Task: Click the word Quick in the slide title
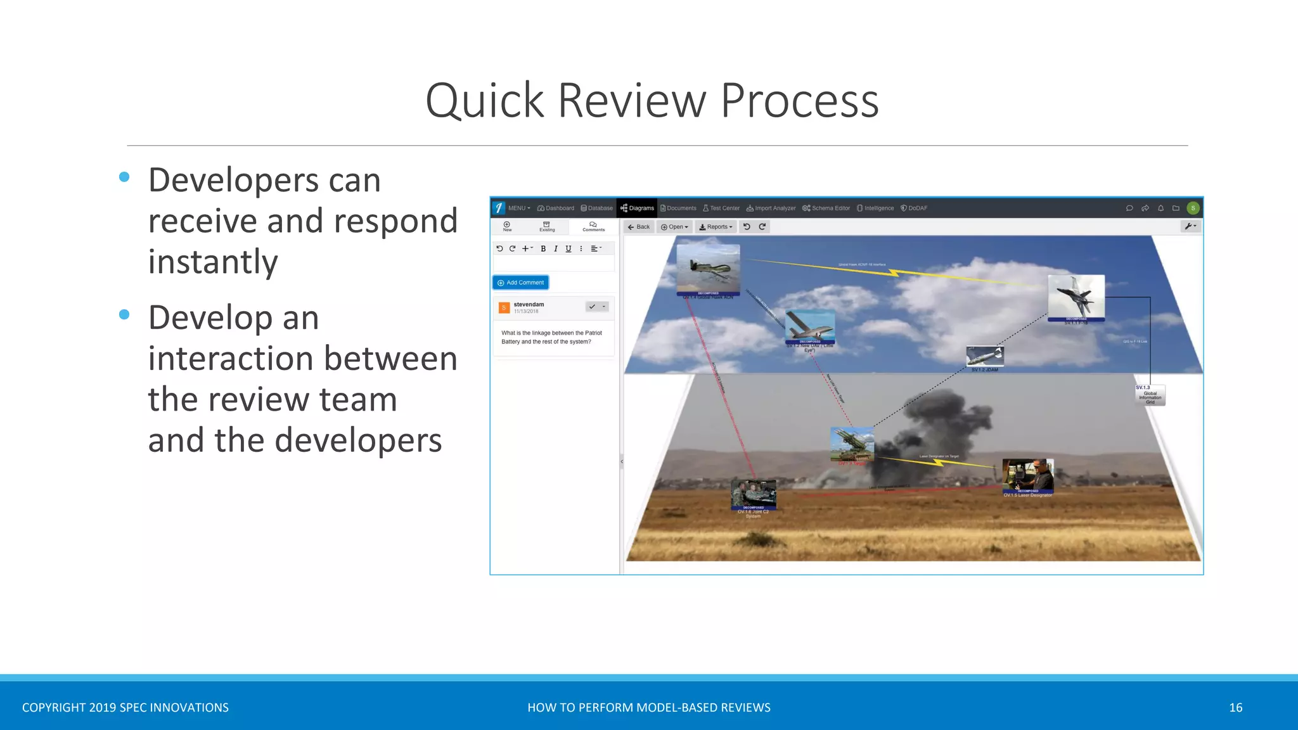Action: (485, 101)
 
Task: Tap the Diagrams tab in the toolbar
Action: (637, 208)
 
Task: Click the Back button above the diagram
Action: (638, 227)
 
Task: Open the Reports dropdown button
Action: (716, 227)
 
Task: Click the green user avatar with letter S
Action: (1193, 208)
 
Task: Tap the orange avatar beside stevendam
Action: (504, 307)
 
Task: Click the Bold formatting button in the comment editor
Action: (543, 249)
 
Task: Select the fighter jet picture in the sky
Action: (1076, 297)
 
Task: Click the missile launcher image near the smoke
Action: (852, 444)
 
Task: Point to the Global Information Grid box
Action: (1150, 395)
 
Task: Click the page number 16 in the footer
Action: (1235, 707)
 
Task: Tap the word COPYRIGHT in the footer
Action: (53, 707)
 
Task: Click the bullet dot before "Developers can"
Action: (124, 177)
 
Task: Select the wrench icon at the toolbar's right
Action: (1190, 226)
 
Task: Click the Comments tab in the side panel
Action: (593, 226)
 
